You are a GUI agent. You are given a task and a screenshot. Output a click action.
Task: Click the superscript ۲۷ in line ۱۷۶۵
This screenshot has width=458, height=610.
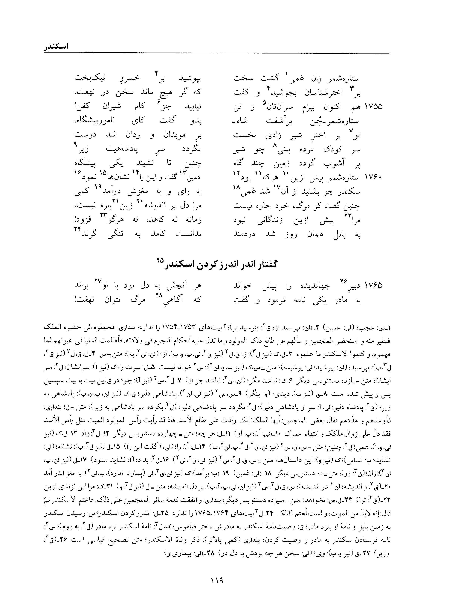tap(98, 281)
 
